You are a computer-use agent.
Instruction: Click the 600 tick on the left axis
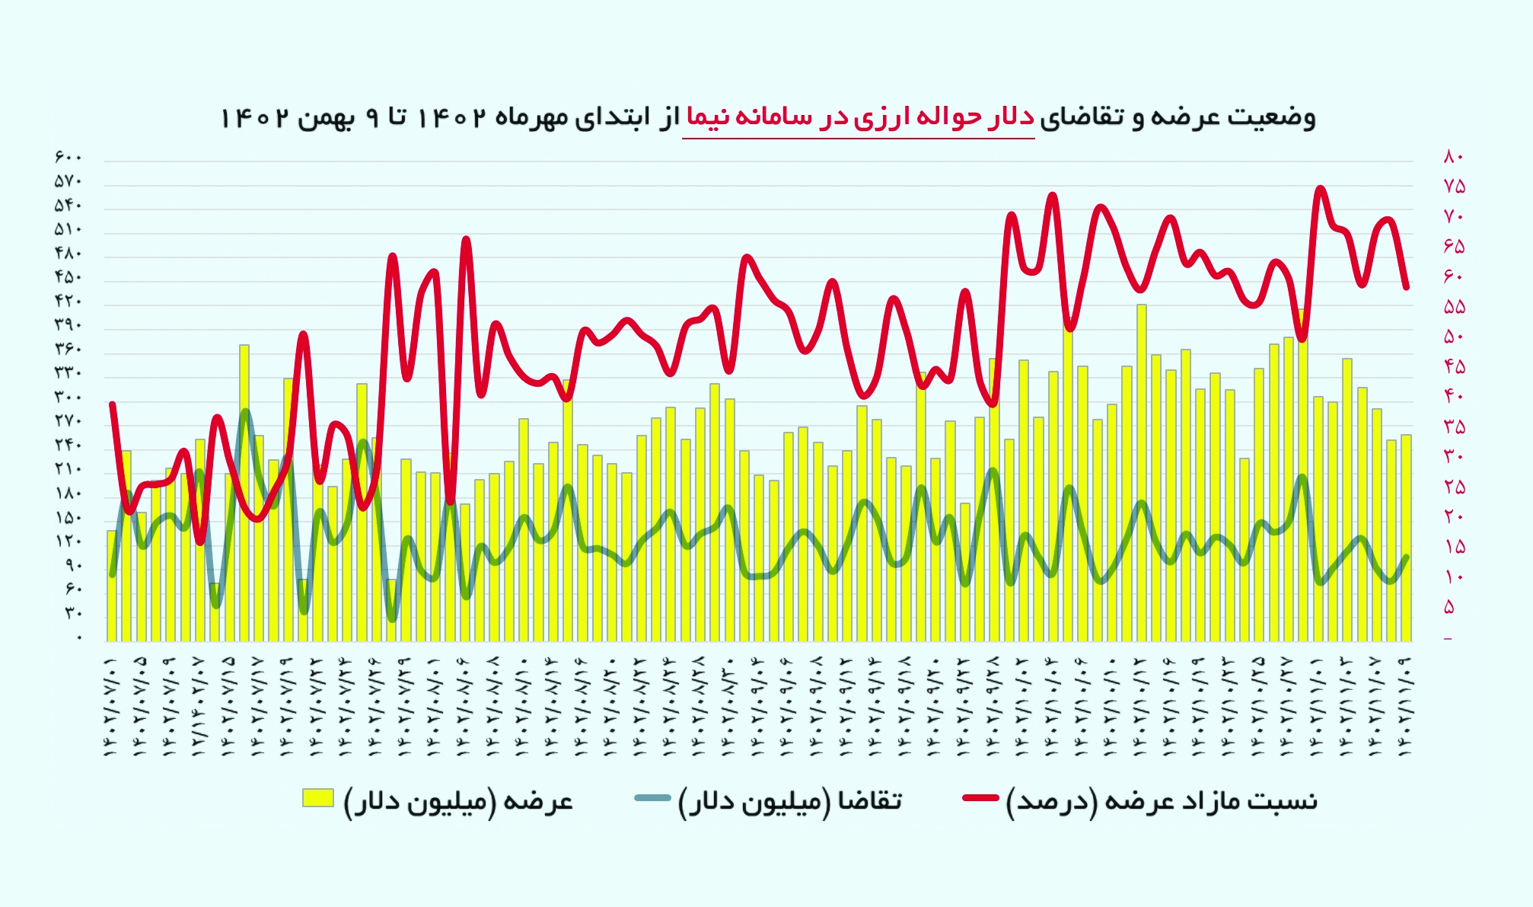point(68,158)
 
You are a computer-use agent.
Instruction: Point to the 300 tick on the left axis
point(68,397)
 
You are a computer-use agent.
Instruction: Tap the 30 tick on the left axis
point(72,613)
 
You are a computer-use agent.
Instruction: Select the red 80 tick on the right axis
point(1453,158)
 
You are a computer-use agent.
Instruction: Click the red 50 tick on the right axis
point(1453,337)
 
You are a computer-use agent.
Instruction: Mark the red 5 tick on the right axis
point(1449,607)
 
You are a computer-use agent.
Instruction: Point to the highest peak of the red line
point(1320,189)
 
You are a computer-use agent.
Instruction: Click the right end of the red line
point(1407,287)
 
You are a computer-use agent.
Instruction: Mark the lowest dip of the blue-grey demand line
point(392,619)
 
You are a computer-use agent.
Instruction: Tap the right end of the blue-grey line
point(1407,557)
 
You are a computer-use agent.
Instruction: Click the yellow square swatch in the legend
point(318,798)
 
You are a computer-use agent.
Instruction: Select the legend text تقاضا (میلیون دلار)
point(790,801)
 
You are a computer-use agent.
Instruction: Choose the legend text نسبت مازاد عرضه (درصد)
point(1162,801)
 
